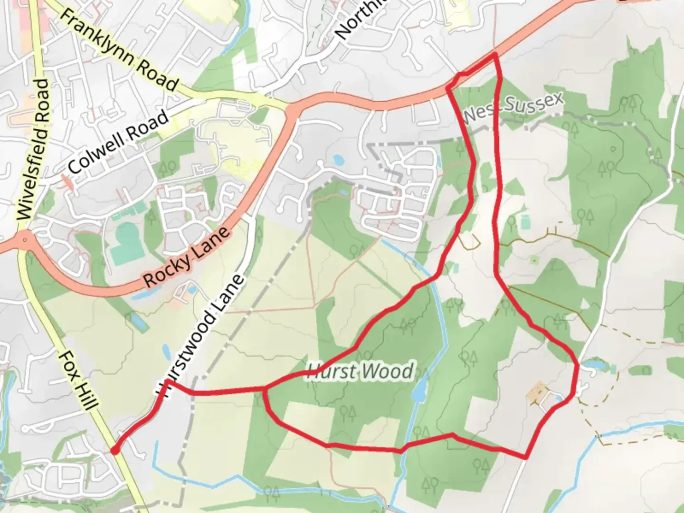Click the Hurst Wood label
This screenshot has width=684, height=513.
[361, 370]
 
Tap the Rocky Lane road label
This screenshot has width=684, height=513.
[187, 258]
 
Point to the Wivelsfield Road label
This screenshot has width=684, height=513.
[32, 150]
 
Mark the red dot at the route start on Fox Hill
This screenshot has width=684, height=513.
[114, 450]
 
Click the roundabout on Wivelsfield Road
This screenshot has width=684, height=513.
[25, 241]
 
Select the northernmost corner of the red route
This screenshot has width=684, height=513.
[495, 55]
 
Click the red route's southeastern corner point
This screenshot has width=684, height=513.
[526, 457]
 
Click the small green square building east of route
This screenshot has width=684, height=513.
[526, 222]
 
